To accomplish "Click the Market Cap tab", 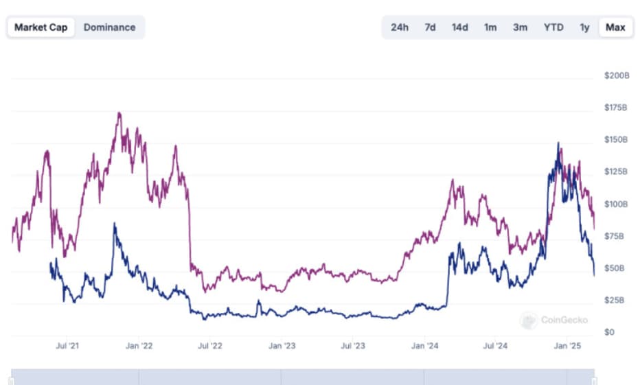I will (x=41, y=27).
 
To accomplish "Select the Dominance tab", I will (x=109, y=27).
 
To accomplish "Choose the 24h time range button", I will (x=400, y=27).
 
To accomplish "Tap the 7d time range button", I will (x=430, y=27).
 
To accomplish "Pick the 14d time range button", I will (x=459, y=27).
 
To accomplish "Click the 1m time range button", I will (x=490, y=27).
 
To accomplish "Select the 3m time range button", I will (x=520, y=27).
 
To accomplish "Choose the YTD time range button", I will (x=554, y=27).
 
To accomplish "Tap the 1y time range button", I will (x=584, y=27).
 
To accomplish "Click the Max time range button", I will (x=615, y=27).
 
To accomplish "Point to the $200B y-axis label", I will (x=616, y=75).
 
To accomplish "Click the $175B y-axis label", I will (x=616, y=108).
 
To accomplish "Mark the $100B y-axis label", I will (x=616, y=204).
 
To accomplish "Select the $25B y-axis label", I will (x=615, y=300).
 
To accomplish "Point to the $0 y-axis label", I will (x=609, y=332).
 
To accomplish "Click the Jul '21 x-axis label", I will (x=67, y=346).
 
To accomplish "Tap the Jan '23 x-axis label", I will (x=282, y=346).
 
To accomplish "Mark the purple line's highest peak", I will (x=119, y=113).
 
